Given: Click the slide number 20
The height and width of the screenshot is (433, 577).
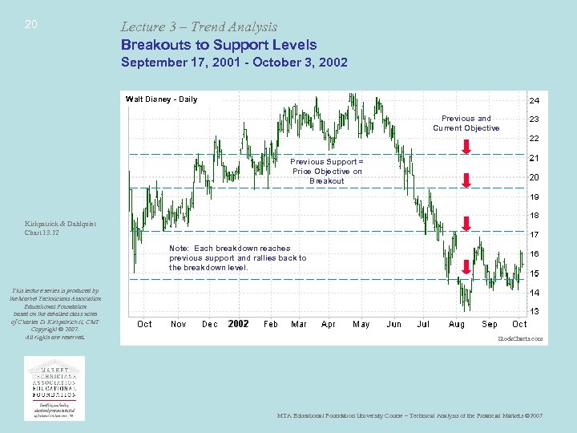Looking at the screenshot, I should point(30,25).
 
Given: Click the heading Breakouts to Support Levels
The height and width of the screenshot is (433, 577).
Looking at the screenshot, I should point(218,45).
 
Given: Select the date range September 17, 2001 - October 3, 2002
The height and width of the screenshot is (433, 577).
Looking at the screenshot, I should point(234,63).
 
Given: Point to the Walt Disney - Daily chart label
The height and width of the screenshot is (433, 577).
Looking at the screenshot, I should point(161,99).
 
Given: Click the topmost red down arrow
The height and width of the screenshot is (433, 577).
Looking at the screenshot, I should point(466,145).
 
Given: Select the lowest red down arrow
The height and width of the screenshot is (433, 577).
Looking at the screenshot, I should point(466,266).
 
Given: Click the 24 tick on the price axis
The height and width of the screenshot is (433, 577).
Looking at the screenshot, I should point(534,101).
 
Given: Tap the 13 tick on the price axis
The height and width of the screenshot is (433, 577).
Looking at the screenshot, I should point(534,310).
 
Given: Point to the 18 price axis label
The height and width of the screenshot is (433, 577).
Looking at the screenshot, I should point(534,215).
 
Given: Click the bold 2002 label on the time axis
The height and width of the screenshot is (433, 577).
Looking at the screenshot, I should point(238,324).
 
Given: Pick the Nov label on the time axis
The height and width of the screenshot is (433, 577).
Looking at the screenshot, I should point(179,324).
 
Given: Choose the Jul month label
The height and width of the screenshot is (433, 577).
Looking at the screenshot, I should point(423,324).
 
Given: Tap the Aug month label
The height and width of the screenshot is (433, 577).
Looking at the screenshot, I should point(456,324).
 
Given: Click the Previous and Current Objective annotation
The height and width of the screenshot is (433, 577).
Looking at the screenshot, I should point(466,123).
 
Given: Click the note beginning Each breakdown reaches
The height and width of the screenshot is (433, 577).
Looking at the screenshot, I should point(237,257).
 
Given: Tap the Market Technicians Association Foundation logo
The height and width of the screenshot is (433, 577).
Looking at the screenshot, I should point(54,387).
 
